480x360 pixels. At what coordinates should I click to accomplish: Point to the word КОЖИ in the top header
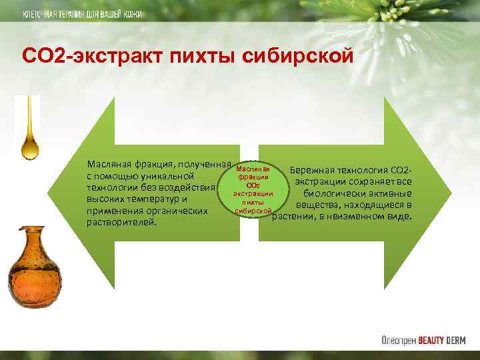[x=132, y=15]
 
